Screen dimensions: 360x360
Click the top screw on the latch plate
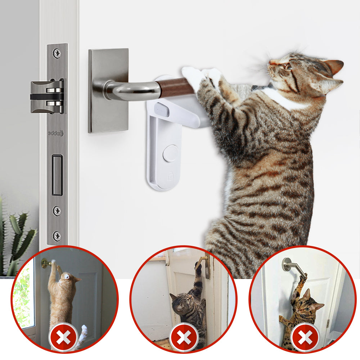pyautogui.click(x=57, y=53)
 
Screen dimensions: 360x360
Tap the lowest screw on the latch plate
pyautogui.click(x=57, y=236)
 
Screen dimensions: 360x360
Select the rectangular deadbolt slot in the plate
pyautogui.click(x=57, y=175)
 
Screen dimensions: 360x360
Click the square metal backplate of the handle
pyautogui.click(x=108, y=90)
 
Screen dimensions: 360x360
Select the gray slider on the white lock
pyautogui.click(x=161, y=109)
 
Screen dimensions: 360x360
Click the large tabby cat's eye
pyautogui.click(x=287, y=66)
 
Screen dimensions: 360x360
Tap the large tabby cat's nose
pyautogui.click(x=271, y=62)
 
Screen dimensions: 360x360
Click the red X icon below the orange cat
pyautogui.click(x=63, y=338)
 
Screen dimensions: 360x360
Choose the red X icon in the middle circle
pyautogui.click(x=184, y=338)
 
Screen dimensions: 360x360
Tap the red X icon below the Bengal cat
pyautogui.click(x=304, y=338)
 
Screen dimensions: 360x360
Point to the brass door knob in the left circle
pyautogui.click(x=46, y=264)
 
